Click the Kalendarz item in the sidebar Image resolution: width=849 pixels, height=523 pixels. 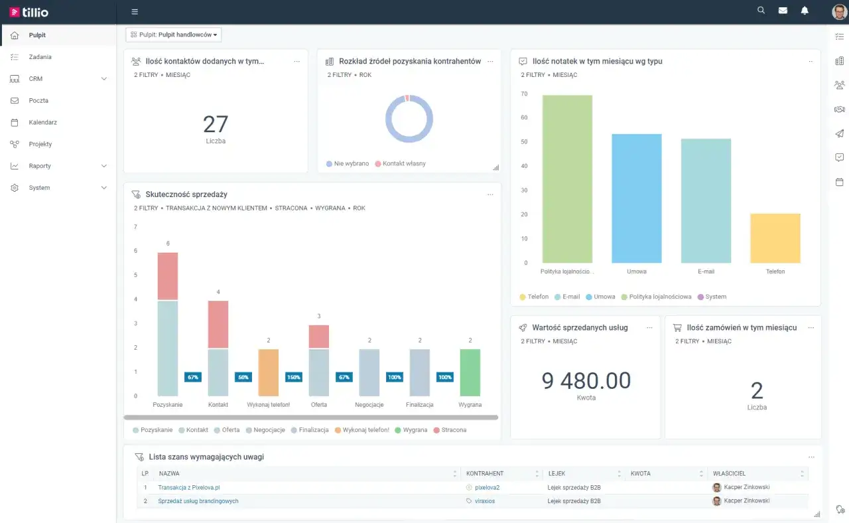point(42,122)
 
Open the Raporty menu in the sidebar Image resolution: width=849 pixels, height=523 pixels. point(40,166)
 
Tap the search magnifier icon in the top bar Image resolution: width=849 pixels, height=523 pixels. point(761,10)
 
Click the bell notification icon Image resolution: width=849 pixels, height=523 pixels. point(805,11)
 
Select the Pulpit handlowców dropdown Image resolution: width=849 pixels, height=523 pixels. point(174,35)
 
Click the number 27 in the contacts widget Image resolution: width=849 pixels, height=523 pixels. point(216,124)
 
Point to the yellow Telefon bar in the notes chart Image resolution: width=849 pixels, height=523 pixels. point(775,238)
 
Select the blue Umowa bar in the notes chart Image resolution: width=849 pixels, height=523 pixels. point(636,198)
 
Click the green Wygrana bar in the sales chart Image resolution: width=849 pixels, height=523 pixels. point(470,372)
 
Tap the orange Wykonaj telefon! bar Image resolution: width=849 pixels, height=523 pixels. point(269,372)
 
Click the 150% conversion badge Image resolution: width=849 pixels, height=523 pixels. point(293,377)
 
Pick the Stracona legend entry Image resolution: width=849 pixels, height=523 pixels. point(450,429)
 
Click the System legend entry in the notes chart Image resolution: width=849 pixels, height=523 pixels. point(712,297)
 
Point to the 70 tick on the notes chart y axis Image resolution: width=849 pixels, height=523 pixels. point(524,94)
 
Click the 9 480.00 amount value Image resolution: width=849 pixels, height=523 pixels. point(586,380)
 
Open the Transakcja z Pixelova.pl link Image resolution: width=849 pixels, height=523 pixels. point(189,487)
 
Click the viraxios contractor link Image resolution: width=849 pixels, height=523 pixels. point(485,501)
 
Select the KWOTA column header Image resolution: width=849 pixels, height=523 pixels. point(641,473)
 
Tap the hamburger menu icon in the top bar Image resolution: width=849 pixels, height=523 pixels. point(135,12)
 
